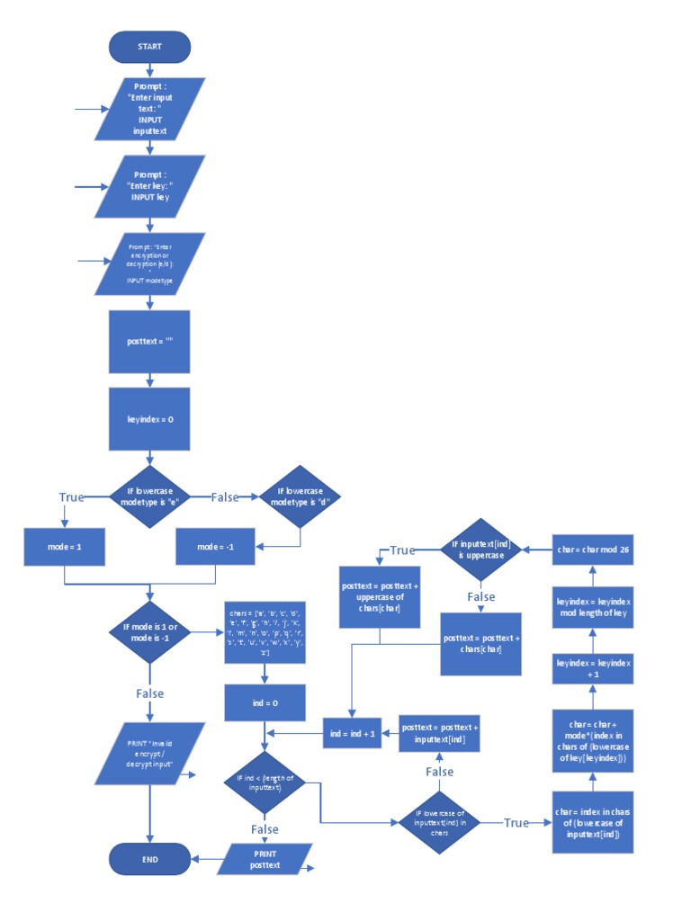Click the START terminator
pos(149,47)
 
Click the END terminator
pos(149,859)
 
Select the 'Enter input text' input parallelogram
pos(149,109)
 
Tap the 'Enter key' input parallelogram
pos(149,186)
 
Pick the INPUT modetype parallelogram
pos(149,264)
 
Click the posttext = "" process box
pos(149,342)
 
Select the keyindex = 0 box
pos(149,419)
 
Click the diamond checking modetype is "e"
pos(149,496)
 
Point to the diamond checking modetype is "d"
pos(300,496)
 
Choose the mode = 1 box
pos(64,547)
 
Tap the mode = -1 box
pos(215,547)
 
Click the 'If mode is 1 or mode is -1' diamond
pos(149,632)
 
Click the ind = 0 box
pos(265,703)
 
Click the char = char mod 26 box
pos(592,549)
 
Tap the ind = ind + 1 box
pos(351,734)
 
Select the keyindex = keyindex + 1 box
pos(592,668)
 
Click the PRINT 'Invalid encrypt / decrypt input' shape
pos(149,754)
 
